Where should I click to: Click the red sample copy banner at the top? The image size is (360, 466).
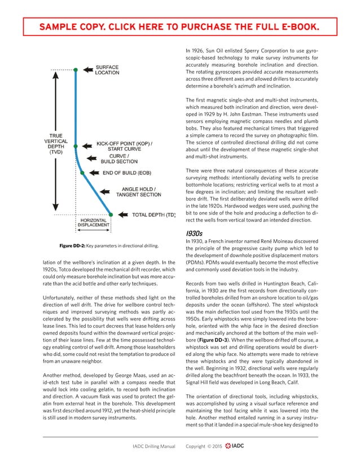[179, 27]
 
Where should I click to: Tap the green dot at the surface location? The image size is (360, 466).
[76, 69]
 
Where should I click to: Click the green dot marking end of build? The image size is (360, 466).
[82, 173]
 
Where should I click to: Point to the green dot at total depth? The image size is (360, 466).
[111, 215]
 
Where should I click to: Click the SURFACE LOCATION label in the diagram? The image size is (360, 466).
[107, 69]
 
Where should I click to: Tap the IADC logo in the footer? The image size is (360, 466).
[234, 446]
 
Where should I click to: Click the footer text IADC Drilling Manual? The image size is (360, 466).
[153, 446]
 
